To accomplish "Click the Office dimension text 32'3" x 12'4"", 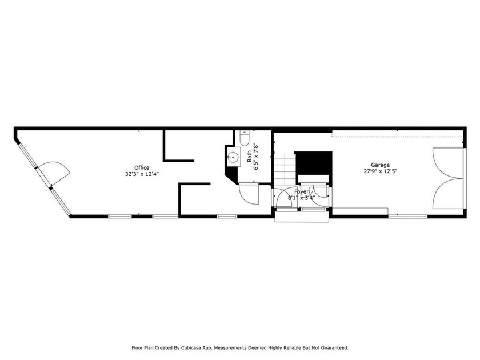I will point(142,174).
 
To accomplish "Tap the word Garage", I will point(380,165).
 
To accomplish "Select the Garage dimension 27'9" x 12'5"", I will point(380,171).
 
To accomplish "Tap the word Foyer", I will point(302,191).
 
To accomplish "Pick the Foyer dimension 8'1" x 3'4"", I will point(301,198).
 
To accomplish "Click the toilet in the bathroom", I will point(243,139).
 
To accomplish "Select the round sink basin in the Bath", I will point(233,158).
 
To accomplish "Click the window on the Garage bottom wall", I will point(407,217).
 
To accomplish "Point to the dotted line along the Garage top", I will point(397,136).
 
